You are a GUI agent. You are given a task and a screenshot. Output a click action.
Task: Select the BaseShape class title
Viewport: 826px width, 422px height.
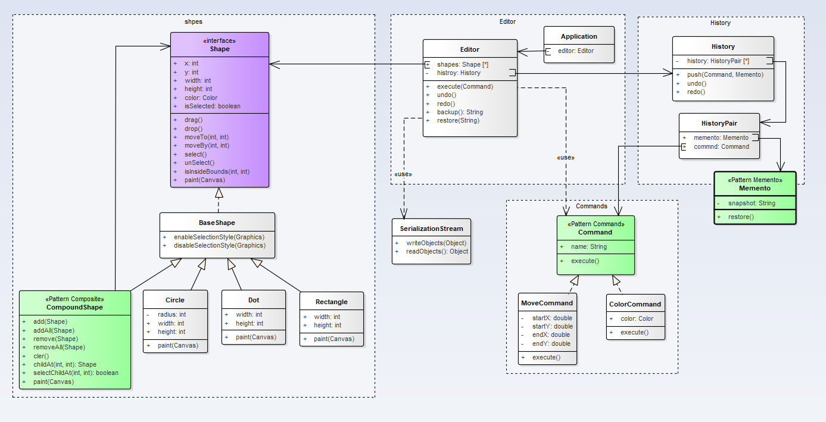[x=217, y=223]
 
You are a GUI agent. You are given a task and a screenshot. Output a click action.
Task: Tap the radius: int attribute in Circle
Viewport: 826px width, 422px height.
[x=172, y=314]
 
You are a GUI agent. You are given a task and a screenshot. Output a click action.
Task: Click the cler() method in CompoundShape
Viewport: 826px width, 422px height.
[x=41, y=356]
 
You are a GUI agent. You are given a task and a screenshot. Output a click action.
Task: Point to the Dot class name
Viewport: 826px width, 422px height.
[x=254, y=300]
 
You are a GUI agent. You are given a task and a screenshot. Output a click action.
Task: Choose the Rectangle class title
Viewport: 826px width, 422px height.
[x=331, y=301]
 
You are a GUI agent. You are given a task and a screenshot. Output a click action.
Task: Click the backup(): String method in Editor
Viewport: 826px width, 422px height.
[x=460, y=112]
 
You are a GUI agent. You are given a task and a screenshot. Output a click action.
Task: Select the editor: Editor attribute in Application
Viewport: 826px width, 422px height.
[x=576, y=51]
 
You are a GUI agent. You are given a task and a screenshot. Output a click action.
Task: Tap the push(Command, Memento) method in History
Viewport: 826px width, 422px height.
[x=725, y=74]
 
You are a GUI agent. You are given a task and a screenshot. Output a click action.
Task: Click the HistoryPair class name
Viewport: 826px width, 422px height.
[x=719, y=123]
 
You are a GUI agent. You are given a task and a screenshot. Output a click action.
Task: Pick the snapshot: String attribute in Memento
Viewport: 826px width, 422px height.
[x=752, y=203]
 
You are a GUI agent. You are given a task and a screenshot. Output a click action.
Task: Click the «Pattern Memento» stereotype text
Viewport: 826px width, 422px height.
[x=755, y=179]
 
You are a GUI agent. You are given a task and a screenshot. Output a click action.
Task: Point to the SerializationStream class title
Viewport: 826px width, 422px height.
[x=431, y=228]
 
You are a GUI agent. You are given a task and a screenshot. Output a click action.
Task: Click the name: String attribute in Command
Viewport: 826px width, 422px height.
[x=588, y=246]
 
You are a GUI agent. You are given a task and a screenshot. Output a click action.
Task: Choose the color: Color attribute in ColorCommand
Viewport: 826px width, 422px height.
[x=637, y=318]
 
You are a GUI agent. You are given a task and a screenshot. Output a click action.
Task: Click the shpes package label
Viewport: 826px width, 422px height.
[x=194, y=21]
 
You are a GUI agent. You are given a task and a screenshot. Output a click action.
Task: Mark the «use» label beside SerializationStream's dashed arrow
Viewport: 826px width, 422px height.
[x=403, y=174]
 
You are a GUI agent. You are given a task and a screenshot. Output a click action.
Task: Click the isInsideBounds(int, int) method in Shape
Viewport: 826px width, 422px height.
[x=216, y=171]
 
